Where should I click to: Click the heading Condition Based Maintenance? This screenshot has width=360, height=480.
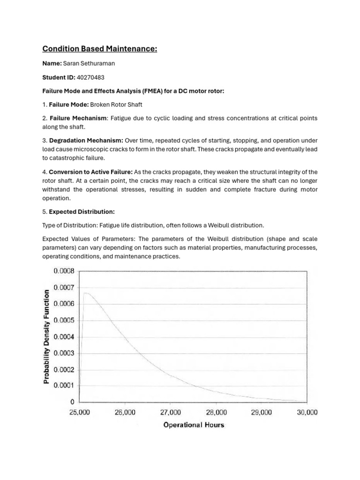[99, 49]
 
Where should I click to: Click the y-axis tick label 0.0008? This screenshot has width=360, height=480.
[64, 271]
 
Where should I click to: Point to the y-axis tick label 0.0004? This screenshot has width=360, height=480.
[64, 337]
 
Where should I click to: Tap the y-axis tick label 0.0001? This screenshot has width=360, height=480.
[64, 386]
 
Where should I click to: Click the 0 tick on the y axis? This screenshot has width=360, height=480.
[72, 402]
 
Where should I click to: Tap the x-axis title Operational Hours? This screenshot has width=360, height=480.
[194, 425]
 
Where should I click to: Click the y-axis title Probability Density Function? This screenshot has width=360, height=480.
[46, 337]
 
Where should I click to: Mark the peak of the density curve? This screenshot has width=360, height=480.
[86, 293]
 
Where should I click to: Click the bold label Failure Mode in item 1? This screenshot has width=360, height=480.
[68, 104]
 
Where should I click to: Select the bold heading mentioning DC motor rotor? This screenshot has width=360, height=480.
[134, 90]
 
